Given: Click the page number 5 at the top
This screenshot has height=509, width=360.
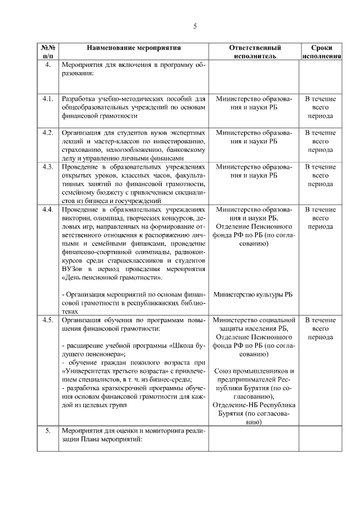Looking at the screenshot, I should [x=195, y=26].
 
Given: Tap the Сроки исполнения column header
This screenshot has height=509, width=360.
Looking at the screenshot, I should [x=321, y=52].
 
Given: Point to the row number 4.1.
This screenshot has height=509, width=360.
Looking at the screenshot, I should [x=48, y=99].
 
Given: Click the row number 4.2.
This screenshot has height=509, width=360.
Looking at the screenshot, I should [x=48, y=132].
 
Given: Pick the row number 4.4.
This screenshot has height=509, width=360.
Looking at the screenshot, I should [x=48, y=209].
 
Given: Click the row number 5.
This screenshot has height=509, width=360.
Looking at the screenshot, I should [x=48, y=430].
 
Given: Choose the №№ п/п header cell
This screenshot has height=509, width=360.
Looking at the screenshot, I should [x=48, y=52].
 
